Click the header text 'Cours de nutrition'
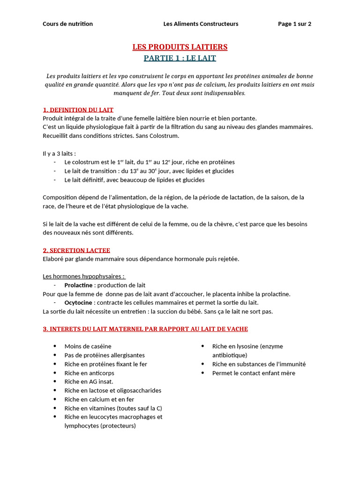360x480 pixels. click(67, 24)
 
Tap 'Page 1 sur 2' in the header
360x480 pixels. click(294, 24)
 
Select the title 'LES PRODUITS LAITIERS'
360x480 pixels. click(180, 47)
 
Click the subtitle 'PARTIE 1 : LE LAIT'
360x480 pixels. click(180, 59)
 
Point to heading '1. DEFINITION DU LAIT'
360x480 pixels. click(78, 110)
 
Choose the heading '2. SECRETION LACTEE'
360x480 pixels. click(76, 250)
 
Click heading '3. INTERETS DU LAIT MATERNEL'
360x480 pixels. click(145, 329)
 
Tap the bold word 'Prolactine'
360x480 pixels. click(78, 285)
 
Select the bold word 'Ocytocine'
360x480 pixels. click(78, 303)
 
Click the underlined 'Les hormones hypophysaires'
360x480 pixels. click(83, 276)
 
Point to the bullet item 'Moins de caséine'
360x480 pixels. click(88, 346)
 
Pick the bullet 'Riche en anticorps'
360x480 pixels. click(89, 373)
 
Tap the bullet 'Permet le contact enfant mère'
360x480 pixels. click(254, 373)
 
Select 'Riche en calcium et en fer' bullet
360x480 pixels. click(99, 399)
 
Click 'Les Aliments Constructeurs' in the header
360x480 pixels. click(201, 24)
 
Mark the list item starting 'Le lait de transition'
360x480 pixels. click(149, 171)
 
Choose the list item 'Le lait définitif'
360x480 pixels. click(134, 180)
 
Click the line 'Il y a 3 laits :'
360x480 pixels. click(59, 153)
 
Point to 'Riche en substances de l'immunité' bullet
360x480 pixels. click(259, 364)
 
